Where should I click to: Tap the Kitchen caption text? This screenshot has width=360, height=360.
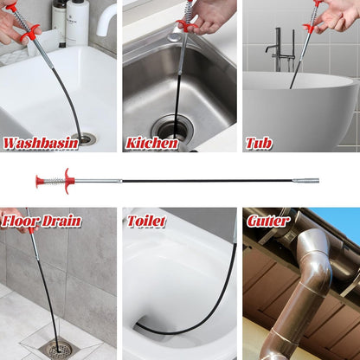point(151,143)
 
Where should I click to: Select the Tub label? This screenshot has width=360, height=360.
point(258,143)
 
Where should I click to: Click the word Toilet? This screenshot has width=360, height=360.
point(146,222)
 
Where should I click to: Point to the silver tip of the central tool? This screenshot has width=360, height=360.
point(310,181)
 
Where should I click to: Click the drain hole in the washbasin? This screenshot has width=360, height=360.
point(87,138)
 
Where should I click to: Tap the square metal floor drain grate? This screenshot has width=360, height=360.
point(59,350)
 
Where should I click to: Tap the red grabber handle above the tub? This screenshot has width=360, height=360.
point(310,26)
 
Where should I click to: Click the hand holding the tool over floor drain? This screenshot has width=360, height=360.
point(13,218)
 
